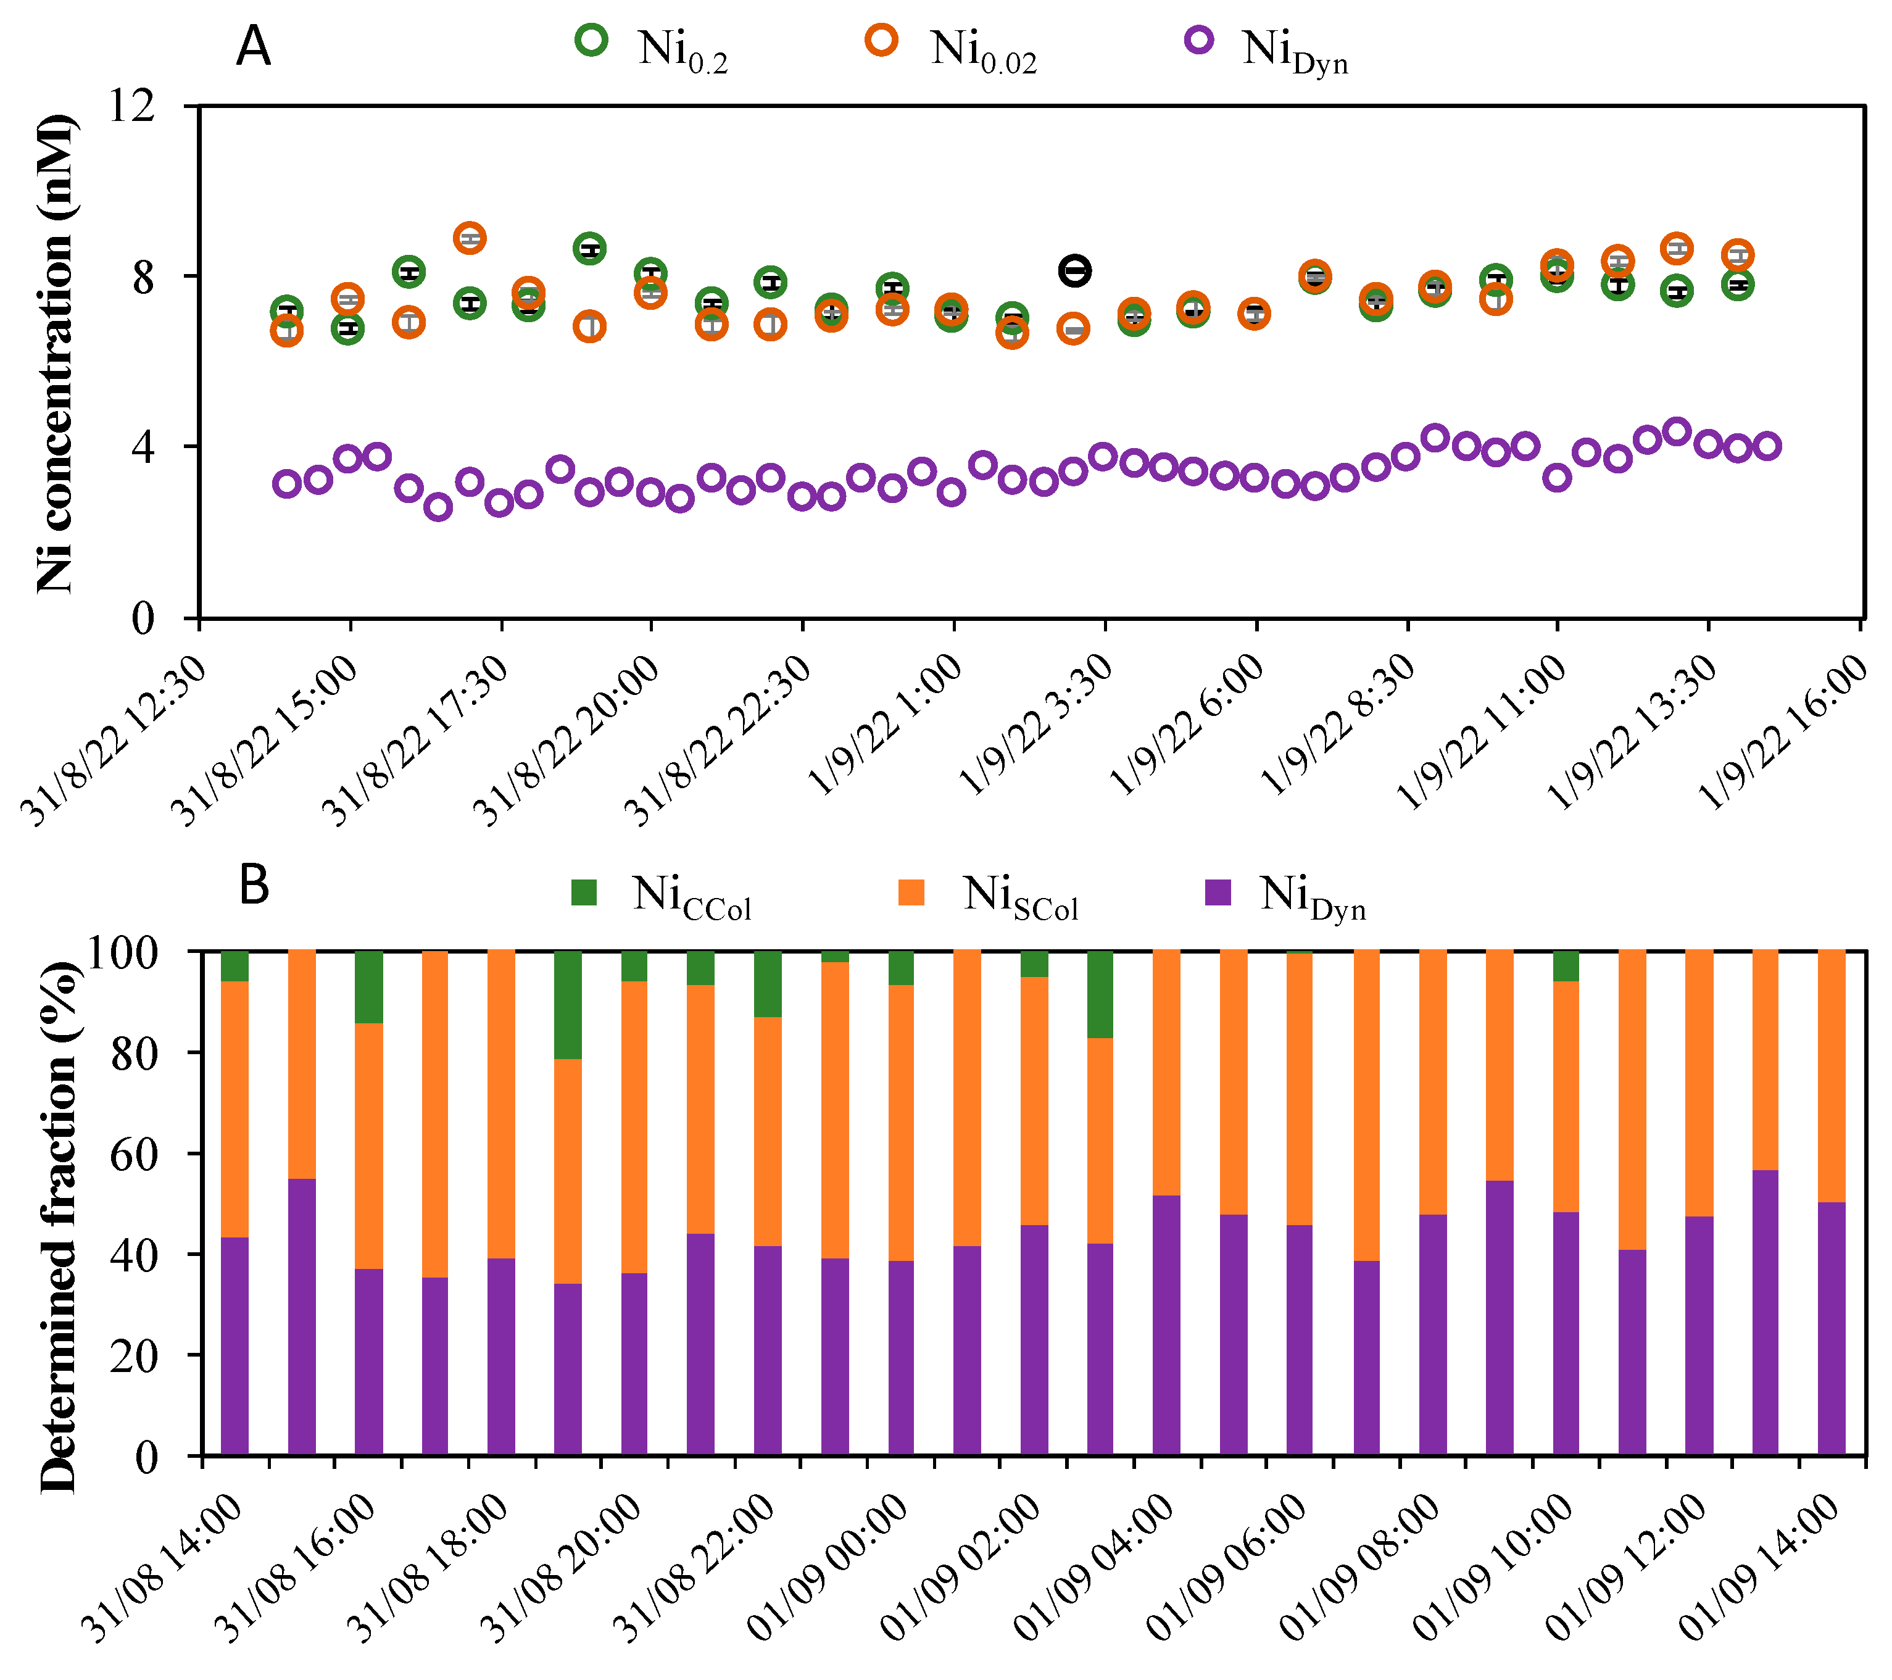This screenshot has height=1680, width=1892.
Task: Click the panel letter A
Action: [254, 46]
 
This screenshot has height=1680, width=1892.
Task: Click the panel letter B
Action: [254, 885]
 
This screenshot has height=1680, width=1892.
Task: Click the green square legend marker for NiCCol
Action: [584, 892]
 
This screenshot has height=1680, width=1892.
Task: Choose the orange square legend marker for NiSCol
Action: [912, 892]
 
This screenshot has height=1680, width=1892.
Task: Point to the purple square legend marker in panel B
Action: [1218, 892]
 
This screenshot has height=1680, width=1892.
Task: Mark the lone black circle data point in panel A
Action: [1075, 270]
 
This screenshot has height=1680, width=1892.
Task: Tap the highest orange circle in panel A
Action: [470, 238]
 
